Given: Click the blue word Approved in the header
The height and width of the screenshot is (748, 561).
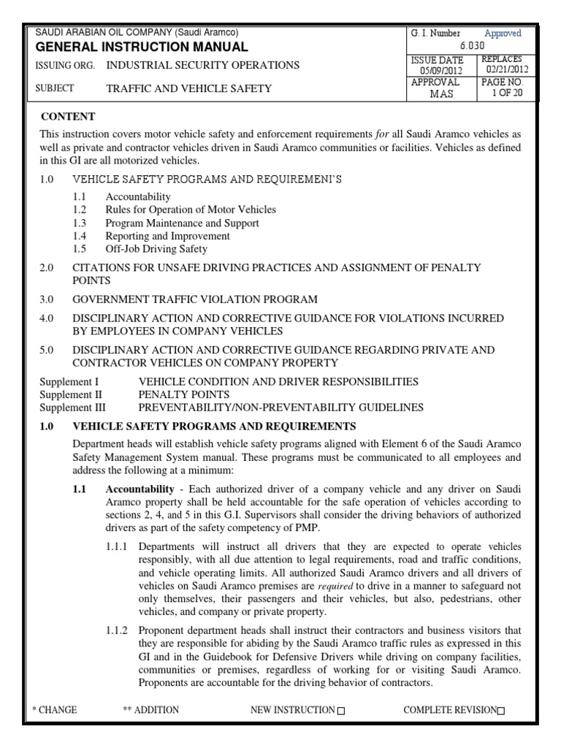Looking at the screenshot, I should [503, 34].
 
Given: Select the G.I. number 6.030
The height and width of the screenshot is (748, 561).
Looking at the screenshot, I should [472, 46].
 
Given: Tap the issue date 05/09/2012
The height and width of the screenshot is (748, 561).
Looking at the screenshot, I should [437, 70].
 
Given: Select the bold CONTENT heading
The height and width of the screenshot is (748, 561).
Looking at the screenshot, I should [68, 116].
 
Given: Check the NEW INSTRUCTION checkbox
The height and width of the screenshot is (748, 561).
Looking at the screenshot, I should [341, 711].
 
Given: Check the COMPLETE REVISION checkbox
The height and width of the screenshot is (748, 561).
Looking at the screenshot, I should [500, 711].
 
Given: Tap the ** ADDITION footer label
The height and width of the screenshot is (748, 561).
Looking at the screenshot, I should [151, 710].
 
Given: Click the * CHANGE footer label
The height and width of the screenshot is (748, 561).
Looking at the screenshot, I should [55, 710].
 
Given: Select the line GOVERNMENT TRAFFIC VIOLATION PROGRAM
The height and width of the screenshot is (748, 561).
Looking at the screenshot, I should [194, 299].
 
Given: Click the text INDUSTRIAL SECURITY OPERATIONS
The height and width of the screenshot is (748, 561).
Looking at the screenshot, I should [202, 65].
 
